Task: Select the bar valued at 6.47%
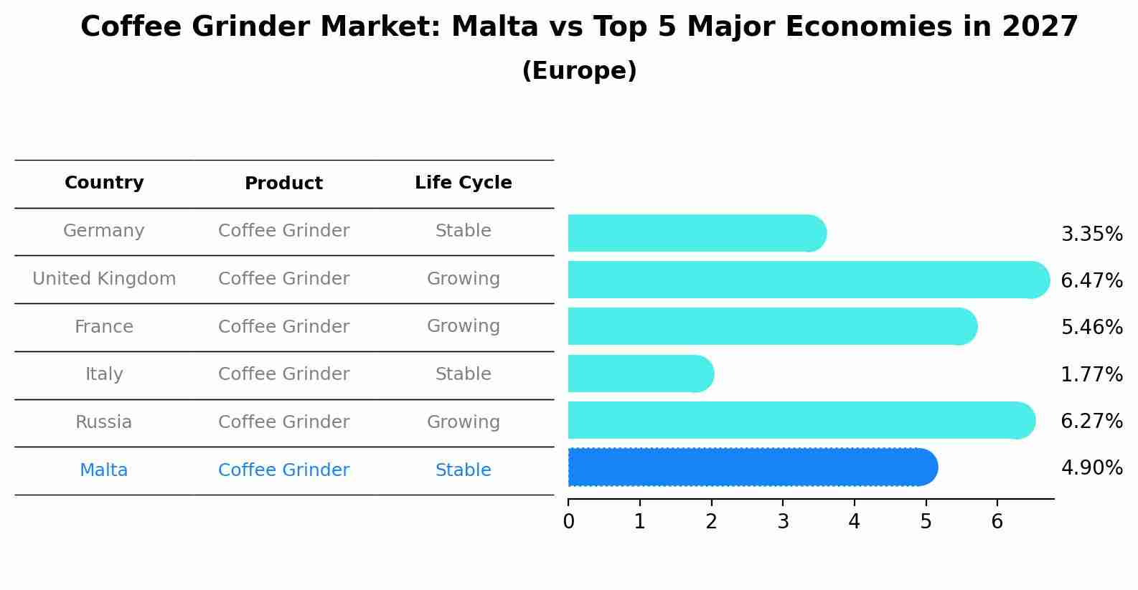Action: tap(808, 280)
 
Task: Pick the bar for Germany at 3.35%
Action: tap(696, 233)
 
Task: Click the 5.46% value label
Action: tap(1091, 328)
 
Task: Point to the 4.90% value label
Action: tap(1091, 468)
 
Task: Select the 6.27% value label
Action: tap(1091, 421)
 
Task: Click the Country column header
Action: tap(104, 183)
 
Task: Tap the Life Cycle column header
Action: tap(463, 183)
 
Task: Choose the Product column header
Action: tap(283, 184)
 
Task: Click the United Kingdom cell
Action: tap(104, 279)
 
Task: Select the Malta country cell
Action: tap(104, 470)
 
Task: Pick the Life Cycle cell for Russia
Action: tap(463, 422)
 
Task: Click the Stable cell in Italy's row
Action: tap(463, 374)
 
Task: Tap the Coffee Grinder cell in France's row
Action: tap(283, 327)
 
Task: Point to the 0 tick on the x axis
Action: tap(568, 522)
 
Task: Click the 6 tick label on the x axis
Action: tap(997, 522)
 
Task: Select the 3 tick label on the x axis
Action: tap(783, 522)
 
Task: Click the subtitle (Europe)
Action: tap(579, 71)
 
